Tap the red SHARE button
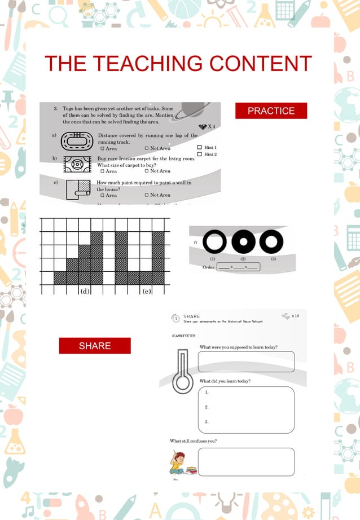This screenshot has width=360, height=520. [95, 346]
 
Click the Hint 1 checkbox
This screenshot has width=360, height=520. [199, 147]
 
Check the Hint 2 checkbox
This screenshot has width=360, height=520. [199, 154]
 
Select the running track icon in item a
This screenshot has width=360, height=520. [76, 140]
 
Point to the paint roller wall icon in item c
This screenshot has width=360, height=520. [77, 189]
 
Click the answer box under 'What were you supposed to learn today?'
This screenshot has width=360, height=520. [246, 362]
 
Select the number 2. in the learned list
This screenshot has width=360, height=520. [207, 407]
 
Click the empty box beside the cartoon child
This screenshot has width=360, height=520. [246, 462]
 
